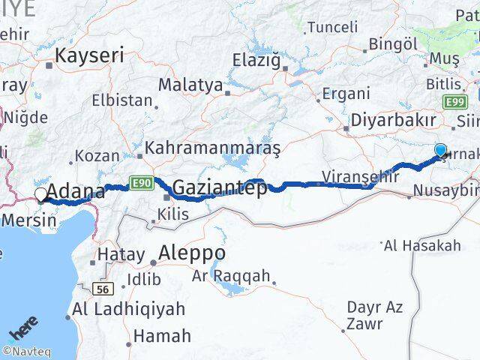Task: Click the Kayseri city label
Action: click(89, 55)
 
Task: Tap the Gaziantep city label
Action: click(218, 187)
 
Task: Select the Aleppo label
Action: click(191, 253)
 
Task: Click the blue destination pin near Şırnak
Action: click(440, 150)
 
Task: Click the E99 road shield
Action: click(454, 100)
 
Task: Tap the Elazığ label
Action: click(255, 58)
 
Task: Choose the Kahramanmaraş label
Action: click(212, 148)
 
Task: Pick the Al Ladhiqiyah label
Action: click(129, 308)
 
